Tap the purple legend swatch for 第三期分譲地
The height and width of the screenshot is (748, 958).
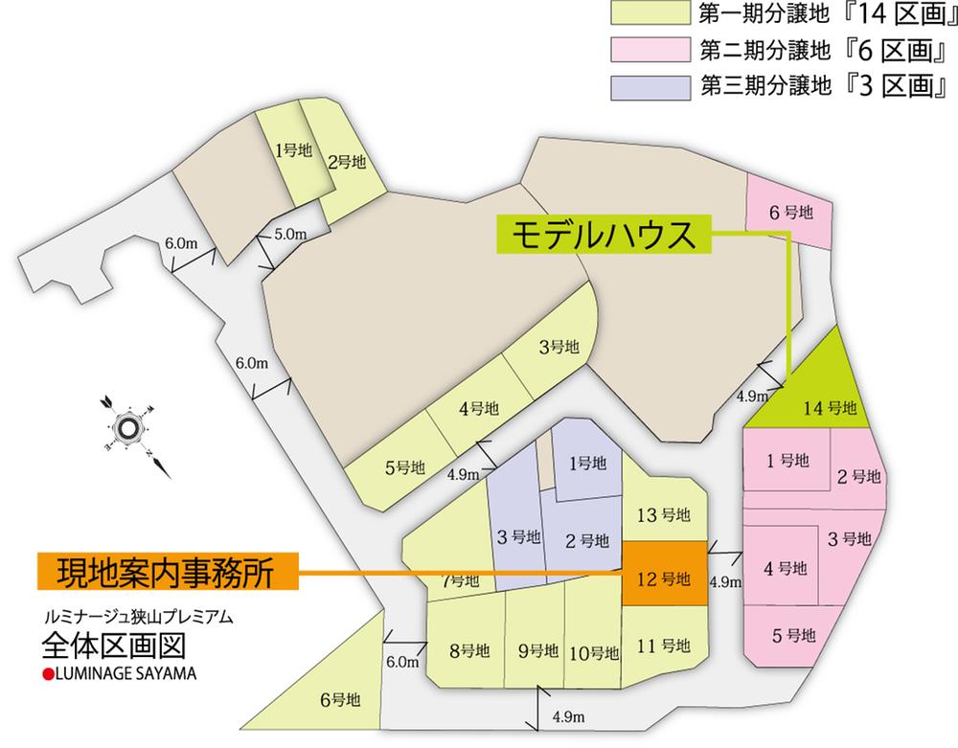click(x=650, y=84)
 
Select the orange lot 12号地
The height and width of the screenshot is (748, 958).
click(x=665, y=575)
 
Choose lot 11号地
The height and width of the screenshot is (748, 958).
click(x=665, y=644)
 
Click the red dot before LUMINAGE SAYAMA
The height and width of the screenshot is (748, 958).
click(x=46, y=673)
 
